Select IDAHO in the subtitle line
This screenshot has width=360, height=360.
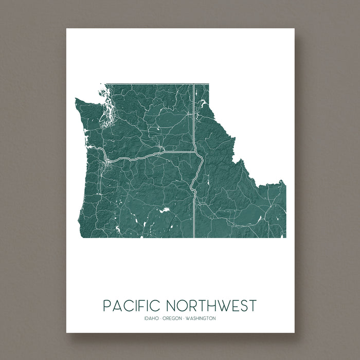pyautogui.click(x=152, y=318)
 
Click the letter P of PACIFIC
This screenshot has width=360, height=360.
pyautogui.click(x=106, y=305)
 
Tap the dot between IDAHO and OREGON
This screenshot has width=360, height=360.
pyautogui.click(x=160, y=318)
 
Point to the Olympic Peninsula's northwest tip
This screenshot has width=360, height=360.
pyautogui.click(x=77, y=99)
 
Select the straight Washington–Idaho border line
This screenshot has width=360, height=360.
pyautogui.click(x=193, y=118)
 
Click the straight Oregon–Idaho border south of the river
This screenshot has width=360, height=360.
pyautogui.click(x=194, y=216)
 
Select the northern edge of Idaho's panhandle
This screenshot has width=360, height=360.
pyautogui.click(x=201, y=83)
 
